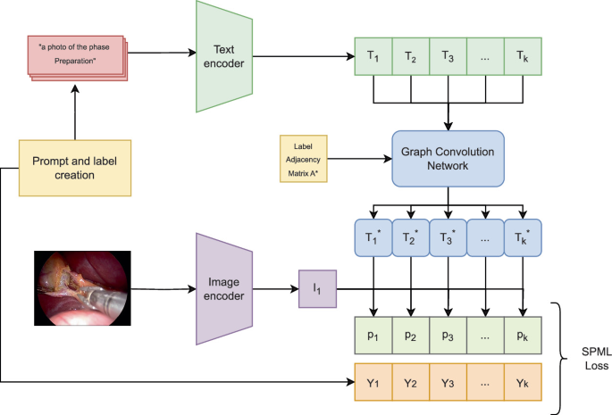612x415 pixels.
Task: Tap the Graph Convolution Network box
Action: pos(447,157)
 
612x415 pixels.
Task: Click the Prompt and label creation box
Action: pos(76,167)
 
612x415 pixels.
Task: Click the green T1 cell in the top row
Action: pos(373,55)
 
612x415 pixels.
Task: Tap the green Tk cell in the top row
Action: pos(523,55)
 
